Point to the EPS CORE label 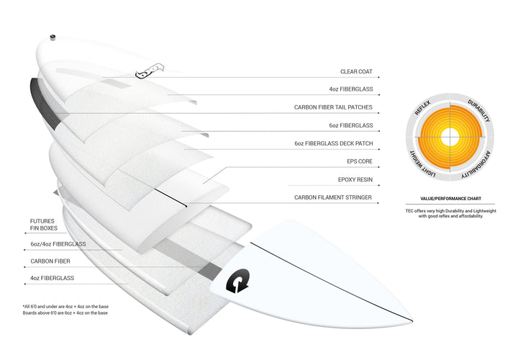[360, 161]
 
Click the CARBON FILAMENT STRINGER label [333, 197]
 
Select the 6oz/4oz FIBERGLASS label [58, 244]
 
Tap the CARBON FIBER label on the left [50, 261]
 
